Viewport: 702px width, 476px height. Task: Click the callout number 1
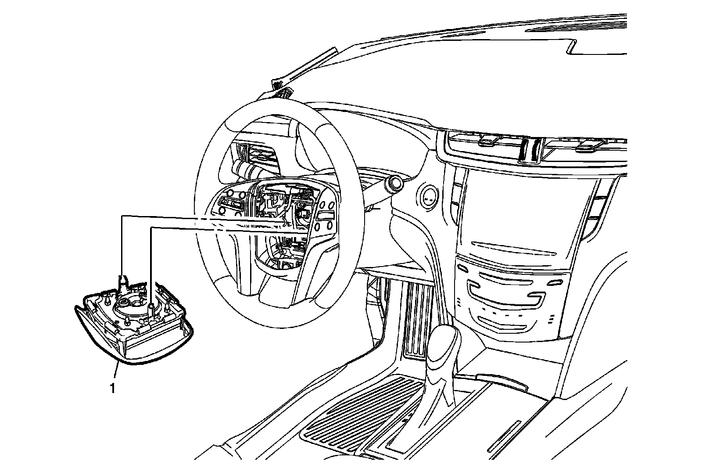click(113, 388)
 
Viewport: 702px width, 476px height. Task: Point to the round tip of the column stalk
click(394, 184)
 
